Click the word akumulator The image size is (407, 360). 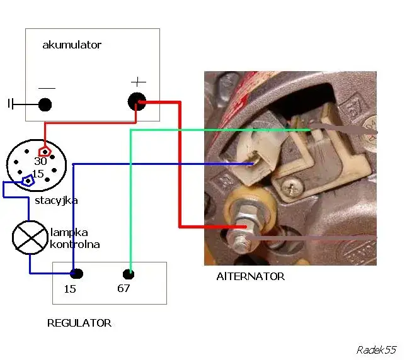(71, 45)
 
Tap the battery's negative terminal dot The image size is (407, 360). (45, 104)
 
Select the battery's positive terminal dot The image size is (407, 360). (136, 101)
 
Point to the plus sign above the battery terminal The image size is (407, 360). (138, 82)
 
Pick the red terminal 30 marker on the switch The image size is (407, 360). (44, 152)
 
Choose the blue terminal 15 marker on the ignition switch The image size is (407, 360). (28, 181)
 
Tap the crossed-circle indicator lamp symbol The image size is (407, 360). (29, 239)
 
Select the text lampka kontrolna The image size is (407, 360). (74, 239)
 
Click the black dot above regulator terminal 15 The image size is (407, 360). (76, 274)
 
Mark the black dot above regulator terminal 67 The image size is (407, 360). (128, 274)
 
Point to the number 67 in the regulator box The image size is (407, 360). (123, 289)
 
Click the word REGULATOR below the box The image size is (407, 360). (79, 323)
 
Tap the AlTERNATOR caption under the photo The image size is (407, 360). (250, 276)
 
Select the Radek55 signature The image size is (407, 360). (375, 349)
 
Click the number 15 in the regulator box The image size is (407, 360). (70, 289)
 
